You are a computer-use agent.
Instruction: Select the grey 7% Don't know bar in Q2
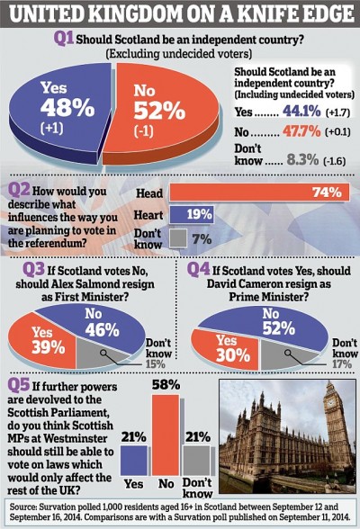coord(177,238)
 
